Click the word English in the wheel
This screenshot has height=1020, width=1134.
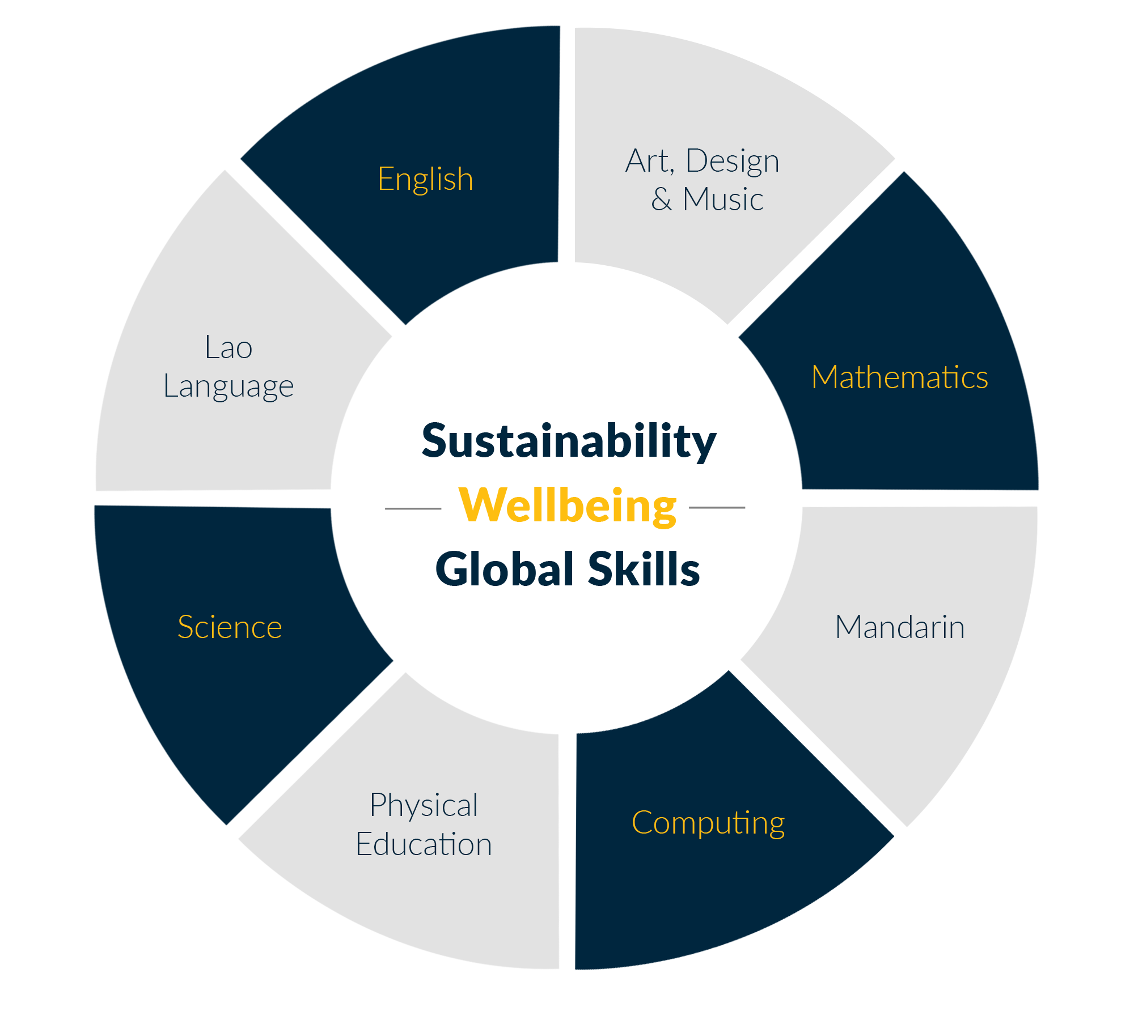(425, 180)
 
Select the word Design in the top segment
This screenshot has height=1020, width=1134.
(732, 161)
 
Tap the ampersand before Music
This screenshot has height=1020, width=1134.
(662, 200)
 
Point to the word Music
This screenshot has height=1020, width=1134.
(723, 200)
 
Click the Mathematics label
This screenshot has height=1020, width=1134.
(900, 377)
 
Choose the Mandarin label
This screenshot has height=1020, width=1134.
(900, 627)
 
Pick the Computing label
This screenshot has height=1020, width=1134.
(708, 823)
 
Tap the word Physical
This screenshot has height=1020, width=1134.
(424, 805)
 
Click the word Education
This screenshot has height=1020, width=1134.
(424, 844)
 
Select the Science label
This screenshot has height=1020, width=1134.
(230, 627)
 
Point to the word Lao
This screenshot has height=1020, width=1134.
(229, 347)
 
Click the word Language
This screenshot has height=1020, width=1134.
(229, 387)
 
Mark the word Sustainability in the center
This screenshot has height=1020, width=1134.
(569, 441)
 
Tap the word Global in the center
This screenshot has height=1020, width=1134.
(505, 569)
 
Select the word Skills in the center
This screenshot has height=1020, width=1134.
(644, 569)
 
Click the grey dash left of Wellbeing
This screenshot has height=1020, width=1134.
(413, 509)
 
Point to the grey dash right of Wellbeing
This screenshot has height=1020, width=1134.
(717, 508)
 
